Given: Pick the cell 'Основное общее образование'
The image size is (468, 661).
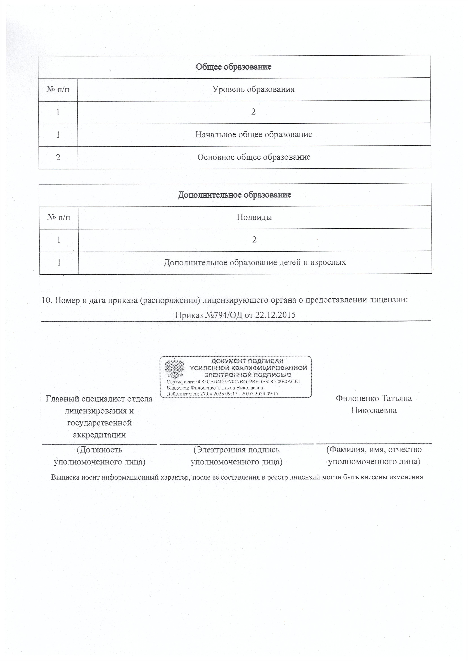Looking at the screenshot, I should (x=254, y=157).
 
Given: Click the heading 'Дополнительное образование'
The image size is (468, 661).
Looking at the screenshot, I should (x=235, y=195).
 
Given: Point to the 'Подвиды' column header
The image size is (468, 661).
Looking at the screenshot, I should (x=254, y=217).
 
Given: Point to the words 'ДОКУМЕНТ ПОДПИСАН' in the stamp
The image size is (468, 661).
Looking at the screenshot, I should (x=248, y=361).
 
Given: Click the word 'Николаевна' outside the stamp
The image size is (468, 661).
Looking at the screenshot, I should (x=374, y=410).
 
